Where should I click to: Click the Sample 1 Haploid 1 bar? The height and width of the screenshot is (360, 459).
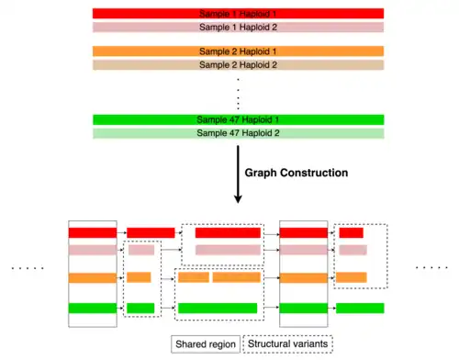(238, 14)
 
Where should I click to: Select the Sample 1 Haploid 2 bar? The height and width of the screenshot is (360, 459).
(238, 28)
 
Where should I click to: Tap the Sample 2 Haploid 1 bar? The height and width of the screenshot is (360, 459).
(238, 51)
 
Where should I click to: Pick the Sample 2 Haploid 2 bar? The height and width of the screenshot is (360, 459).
(238, 65)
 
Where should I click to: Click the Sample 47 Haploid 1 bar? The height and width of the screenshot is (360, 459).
(238, 119)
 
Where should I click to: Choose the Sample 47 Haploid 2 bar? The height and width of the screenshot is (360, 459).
(238, 133)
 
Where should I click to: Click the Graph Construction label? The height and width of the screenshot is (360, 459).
(297, 173)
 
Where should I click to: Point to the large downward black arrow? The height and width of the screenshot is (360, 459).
(238, 174)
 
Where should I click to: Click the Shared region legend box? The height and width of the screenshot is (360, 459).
(206, 344)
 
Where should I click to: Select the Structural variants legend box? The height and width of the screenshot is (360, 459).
(287, 344)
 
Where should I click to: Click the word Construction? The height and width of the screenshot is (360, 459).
(314, 173)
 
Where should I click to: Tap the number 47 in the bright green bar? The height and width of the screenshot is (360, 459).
(234, 119)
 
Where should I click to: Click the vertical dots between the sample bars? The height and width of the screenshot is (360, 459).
(238, 94)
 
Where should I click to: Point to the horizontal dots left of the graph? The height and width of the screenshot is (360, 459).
(28, 268)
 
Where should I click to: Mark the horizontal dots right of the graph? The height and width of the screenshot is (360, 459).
(431, 268)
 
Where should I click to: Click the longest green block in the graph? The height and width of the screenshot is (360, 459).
(218, 308)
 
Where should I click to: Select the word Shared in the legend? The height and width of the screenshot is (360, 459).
(190, 344)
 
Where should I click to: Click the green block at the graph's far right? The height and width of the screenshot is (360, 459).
(360, 308)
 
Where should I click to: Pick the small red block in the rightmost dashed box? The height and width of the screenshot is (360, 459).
(351, 232)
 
